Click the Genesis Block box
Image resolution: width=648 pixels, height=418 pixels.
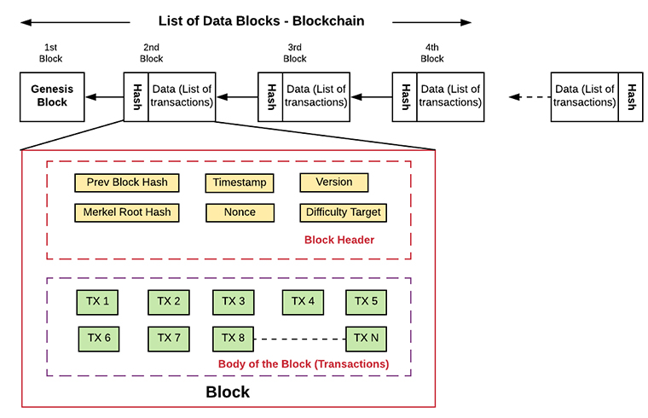pos(52,97)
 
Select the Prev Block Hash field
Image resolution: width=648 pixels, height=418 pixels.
pos(127,183)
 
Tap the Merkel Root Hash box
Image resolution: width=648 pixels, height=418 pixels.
pos(127,212)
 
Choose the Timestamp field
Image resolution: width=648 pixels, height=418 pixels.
pos(240,183)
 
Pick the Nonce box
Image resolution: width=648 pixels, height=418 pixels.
pos(240,212)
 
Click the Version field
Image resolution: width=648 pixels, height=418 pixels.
pos(334,183)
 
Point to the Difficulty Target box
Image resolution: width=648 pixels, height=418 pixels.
pos(343,212)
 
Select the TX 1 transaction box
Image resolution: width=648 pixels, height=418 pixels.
pos(97,302)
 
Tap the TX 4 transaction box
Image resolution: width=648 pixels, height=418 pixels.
pos(303,302)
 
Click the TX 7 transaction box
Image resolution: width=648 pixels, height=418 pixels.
pos(169,339)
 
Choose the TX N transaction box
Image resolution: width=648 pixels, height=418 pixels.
pos(366,339)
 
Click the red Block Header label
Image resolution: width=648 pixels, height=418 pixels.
pos(339,240)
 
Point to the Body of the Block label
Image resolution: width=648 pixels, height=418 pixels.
pos(304,364)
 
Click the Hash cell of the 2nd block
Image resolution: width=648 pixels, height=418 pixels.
pos(136,97)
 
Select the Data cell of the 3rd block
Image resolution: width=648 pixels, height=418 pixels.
pos(316,97)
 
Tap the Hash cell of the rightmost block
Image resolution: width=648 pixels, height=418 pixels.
pos(631,97)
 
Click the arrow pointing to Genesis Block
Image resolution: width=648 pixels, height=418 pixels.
pos(105,97)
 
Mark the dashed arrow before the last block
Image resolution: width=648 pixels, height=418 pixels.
pos(529,97)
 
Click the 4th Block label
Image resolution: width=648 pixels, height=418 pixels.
pos(432,53)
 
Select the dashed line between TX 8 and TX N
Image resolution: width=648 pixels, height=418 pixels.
pos(299,339)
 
